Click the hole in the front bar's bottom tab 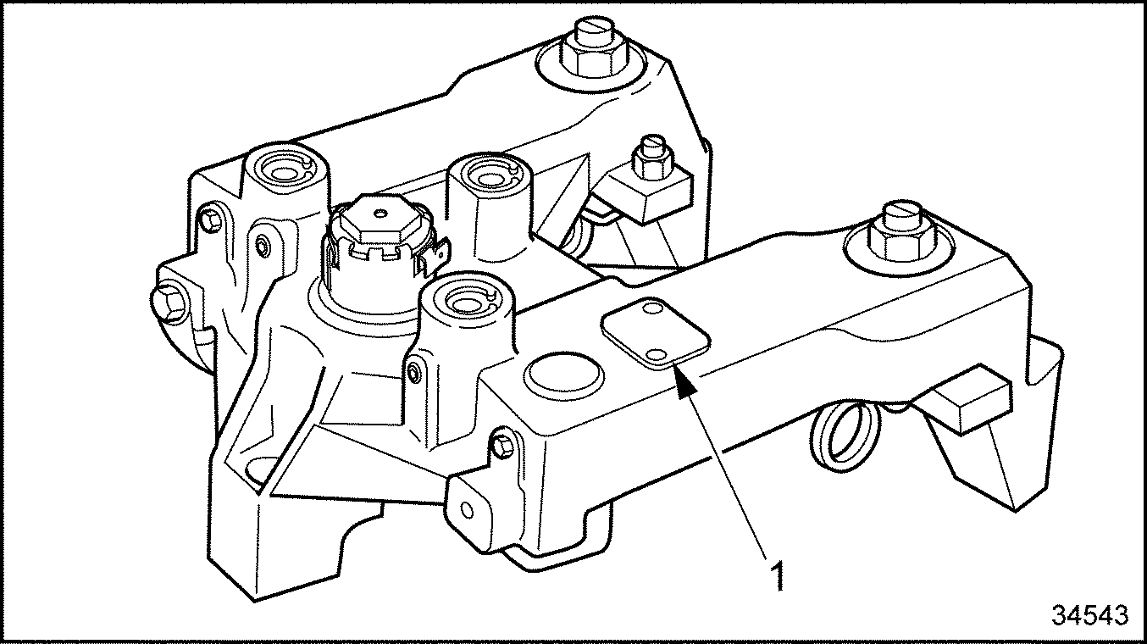pyautogui.click(x=466, y=511)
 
